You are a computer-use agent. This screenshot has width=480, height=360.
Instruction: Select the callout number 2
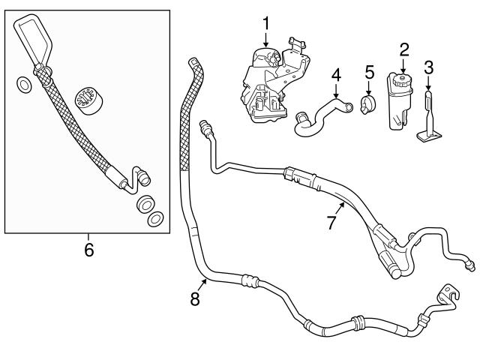[404, 50]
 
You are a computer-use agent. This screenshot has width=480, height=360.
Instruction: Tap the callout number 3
[429, 67]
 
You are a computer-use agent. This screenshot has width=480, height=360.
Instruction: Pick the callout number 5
[368, 72]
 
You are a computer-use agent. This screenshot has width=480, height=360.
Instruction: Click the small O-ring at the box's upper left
[23, 84]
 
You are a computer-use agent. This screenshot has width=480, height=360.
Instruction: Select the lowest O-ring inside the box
[154, 219]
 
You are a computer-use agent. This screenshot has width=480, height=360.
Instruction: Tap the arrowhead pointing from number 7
[343, 202]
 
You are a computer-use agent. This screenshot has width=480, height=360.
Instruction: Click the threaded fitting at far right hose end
[469, 263]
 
